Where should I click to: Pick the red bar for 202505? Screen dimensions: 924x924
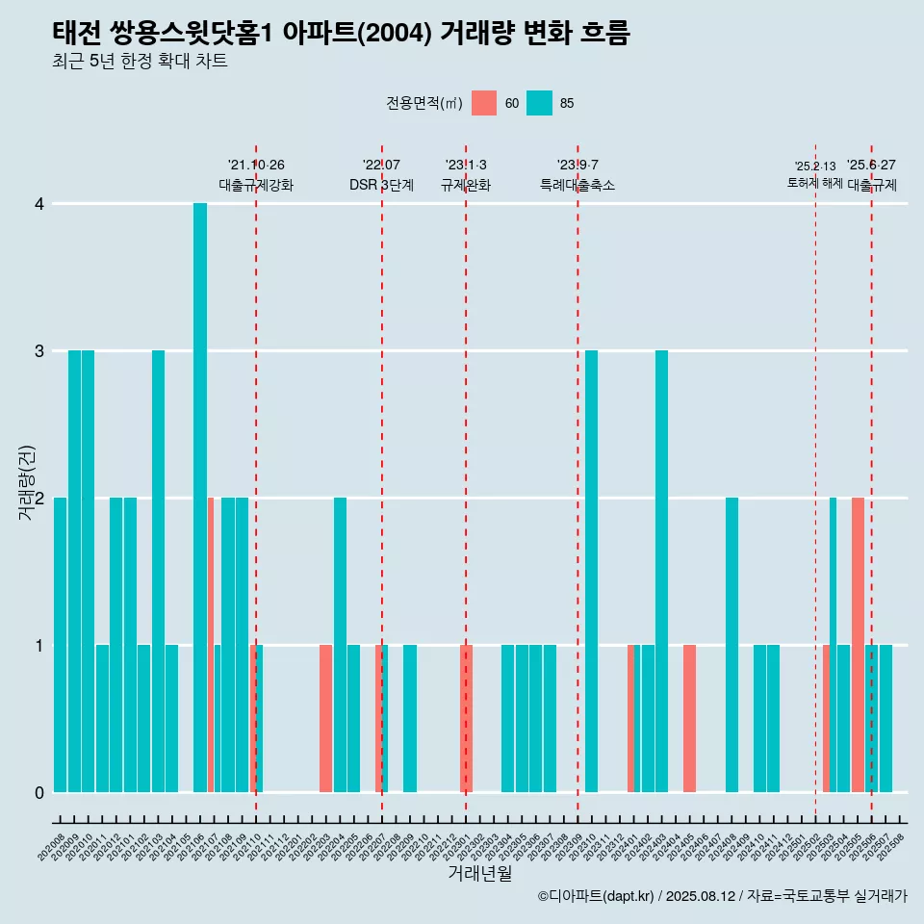[858, 645]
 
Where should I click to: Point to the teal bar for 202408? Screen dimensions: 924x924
[731, 645]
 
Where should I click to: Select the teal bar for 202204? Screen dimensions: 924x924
[340, 645]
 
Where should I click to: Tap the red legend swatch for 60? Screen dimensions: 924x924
[484, 103]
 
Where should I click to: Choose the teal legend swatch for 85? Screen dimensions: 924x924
[540, 103]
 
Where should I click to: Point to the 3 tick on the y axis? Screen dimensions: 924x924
[39, 350]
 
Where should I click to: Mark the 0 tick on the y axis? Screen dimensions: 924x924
[39, 792]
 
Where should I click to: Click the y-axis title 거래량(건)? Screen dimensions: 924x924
[26, 481]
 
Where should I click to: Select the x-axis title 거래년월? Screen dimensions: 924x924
[479, 874]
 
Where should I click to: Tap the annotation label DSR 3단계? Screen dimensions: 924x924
[381, 185]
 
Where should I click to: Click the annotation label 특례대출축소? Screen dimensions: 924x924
[577, 185]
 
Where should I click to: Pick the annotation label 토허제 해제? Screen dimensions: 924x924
[814, 183]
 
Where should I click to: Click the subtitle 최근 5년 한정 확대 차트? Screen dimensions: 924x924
[140, 63]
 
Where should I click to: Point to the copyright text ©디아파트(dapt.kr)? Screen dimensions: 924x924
[597, 896]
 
